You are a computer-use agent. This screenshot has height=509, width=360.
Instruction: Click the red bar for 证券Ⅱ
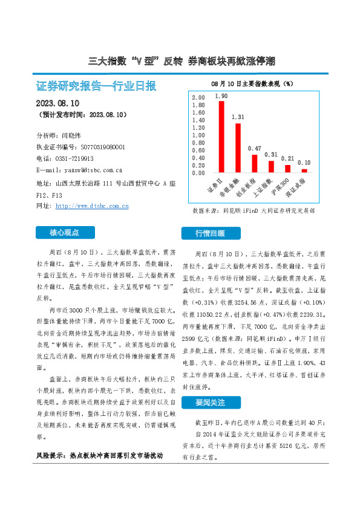(x=221, y=137)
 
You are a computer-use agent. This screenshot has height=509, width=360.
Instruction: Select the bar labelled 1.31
(x=238, y=148)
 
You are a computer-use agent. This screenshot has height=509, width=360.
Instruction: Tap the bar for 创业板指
(x=255, y=164)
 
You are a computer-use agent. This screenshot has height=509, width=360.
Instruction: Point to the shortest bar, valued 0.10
(x=304, y=170)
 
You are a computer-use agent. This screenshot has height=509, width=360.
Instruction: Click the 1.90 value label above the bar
(x=221, y=96)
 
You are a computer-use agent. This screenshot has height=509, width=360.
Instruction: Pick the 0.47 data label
(x=255, y=149)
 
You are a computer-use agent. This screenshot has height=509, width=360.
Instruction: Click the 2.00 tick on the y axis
(x=198, y=98)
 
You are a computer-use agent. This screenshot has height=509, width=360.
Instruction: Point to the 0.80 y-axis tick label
(x=198, y=143)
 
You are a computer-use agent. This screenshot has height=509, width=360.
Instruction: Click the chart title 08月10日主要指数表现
(x=252, y=82)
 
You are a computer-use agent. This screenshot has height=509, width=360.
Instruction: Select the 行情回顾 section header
(x=210, y=233)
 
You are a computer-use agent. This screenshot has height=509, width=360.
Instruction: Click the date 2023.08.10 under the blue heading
(x=62, y=103)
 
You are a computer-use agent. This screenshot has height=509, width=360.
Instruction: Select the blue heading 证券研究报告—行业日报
(x=96, y=86)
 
